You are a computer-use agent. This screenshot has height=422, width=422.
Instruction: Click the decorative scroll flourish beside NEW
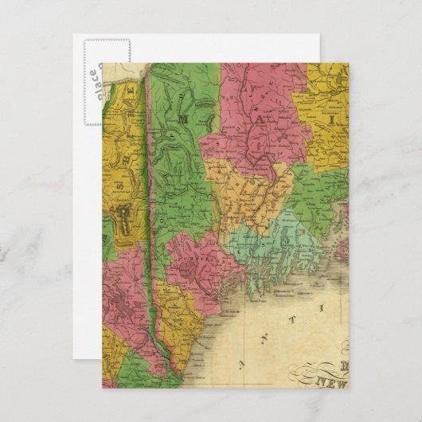303,373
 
